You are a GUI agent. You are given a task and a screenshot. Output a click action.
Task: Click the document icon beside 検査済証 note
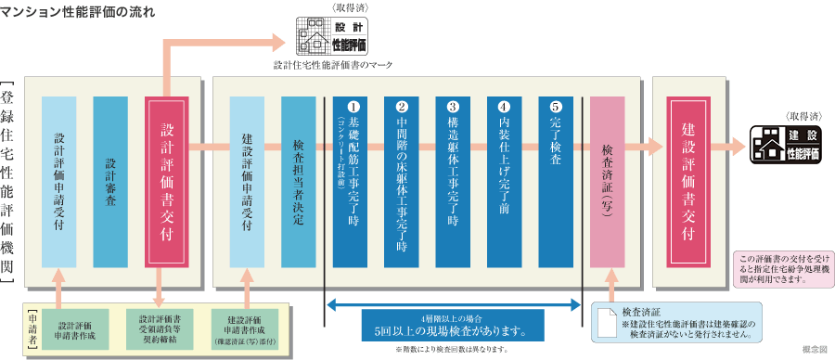pyautogui.click(x=607, y=323)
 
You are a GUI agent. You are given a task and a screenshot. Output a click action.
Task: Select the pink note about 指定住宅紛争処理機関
pyautogui.click(x=782, y=266)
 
